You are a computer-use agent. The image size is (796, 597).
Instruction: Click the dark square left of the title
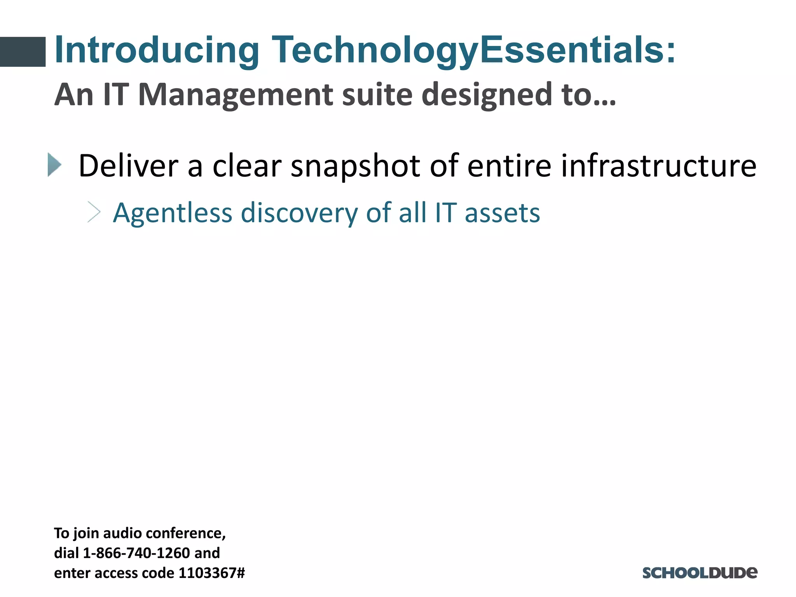[23, 52]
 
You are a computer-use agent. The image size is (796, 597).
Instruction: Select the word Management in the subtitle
[236, 94]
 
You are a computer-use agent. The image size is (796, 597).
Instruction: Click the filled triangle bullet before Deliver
[54, 165]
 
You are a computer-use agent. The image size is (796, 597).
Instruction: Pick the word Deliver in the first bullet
[128, 166]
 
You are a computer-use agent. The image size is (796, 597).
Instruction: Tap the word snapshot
[355, 166]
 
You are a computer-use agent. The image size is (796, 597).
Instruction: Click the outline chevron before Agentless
[94, 212]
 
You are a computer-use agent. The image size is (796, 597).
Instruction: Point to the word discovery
[299, 213]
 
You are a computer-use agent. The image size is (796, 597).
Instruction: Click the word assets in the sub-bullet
[502, 213]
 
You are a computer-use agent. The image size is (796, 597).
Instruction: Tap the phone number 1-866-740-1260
[136, 553]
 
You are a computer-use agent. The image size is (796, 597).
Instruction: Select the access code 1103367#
[212, 573]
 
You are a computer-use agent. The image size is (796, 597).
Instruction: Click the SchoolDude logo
[700, 573]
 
